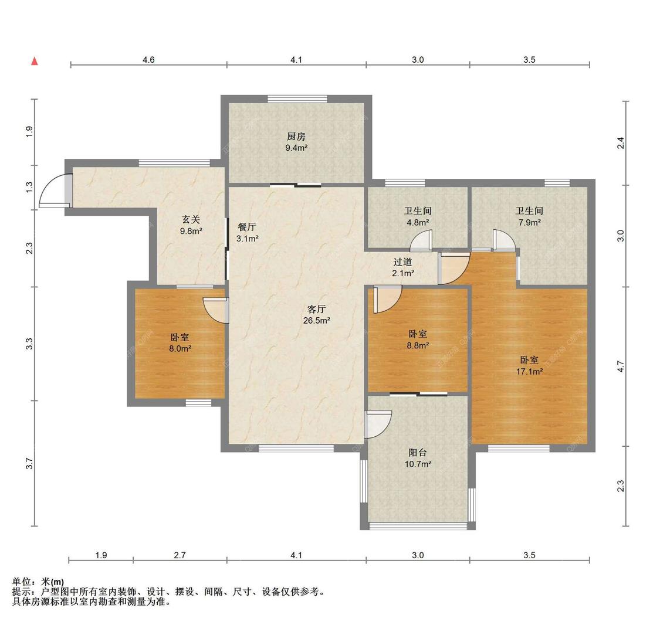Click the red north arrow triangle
click(x=35, y=62)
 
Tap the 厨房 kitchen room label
click(x=296, y=137)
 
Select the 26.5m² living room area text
click(x=317, y=321)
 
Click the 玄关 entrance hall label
click(x=191, y=219)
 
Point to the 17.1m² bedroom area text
click(x=530, y=371)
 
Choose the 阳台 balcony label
click(x=418, y=453)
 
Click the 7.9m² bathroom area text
click(x=530, y=222)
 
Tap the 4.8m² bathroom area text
click(x=418, y=222)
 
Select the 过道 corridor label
click(x=403, y=262)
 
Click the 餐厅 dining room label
click(x=247, y=227)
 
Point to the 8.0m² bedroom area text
click(x=180, y=349)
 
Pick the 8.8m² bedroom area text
click(x=418, y=345)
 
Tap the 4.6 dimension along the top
click(x=148, y=60)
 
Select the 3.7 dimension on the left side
click(x=29, y=464)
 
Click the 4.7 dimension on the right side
click(x=621, y=367)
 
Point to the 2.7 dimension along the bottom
click(x=180, y=555)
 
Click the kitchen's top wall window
click(x=297, y=99)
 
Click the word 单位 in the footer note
click(x=22, y=582)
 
